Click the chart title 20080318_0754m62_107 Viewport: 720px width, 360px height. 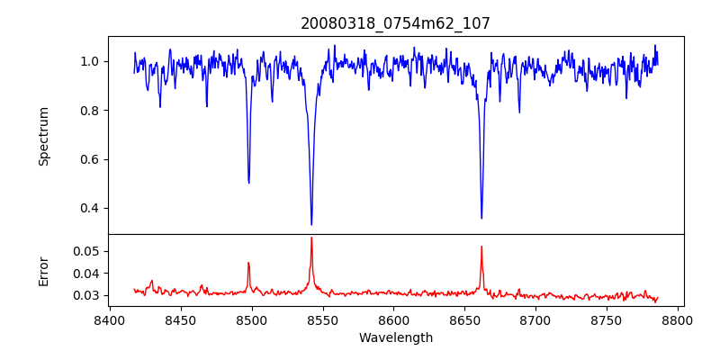pyautogui.click(x=395, y=23)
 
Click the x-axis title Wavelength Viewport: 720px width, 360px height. pyautogui.click(x=395, y=338)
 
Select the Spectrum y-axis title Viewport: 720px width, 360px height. pyautogui.click(x=43, y=136)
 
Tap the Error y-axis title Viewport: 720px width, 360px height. pyautogui.click(x=43, y=270)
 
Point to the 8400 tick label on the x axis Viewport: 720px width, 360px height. pyautogui.click(x=110, y=320)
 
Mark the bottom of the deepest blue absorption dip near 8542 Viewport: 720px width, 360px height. pyautogui.click(x=311, y=224)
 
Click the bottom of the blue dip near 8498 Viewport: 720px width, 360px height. pyautogui.click(x=249, y=183)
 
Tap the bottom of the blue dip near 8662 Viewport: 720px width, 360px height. pyautogui.click(x=481, y=218)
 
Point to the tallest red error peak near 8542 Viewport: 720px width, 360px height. pyautogui.click(x=311, y=238)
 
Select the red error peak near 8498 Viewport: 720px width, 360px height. pyautogui.click(x=248, y=263)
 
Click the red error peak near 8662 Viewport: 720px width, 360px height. pyautogui.click(x=481, y=247)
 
